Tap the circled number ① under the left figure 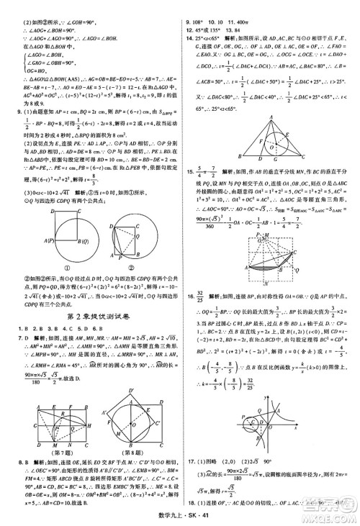(47, 269)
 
